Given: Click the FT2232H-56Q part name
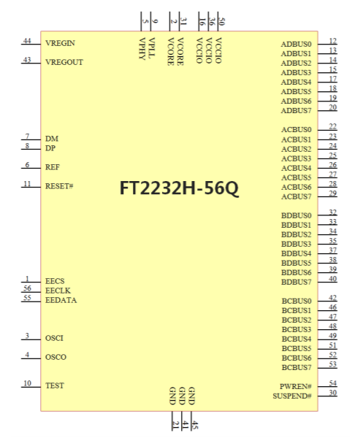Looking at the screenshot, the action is tap(179, 188).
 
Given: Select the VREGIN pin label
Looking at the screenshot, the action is tap(60, 43).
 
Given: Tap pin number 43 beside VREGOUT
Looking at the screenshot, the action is tap(27, 60).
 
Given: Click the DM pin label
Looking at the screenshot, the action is tap(52, 139).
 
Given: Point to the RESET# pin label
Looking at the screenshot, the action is tap(59, 186).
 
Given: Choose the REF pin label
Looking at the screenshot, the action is tap(53, 167).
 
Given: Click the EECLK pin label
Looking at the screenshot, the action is tap(58, 291).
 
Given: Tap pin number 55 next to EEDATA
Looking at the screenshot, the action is tap(27, 298).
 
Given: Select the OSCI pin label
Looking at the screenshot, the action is tap(54, 338).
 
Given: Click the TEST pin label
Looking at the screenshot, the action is tap(55, 385).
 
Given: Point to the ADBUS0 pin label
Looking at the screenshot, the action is tap(296, 44).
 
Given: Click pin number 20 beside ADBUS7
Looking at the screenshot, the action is tap(332, 107).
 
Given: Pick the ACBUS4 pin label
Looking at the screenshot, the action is tap(296, 168).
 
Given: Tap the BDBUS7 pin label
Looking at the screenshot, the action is tap(296, 282).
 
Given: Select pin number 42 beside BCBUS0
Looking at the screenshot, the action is tap(332, 298).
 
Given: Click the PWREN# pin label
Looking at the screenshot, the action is tap(296, 387).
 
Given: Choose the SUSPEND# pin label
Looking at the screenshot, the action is tap(292, 396).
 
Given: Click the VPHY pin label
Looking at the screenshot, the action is tap(142, 49).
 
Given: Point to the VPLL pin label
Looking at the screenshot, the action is tap(151, 47).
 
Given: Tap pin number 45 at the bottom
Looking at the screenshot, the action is tap(195, 425).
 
